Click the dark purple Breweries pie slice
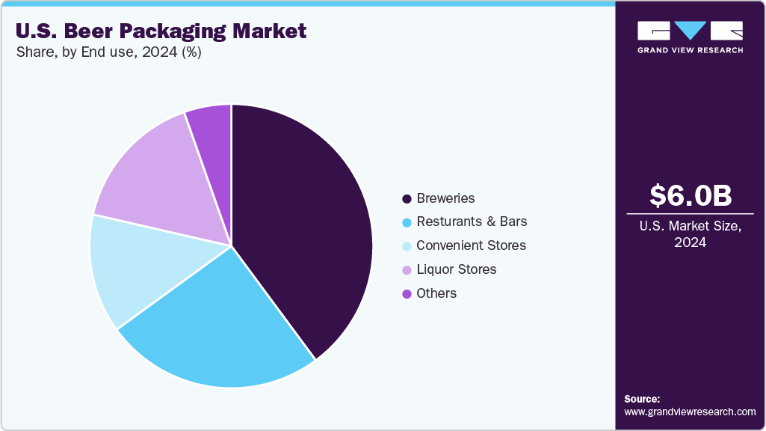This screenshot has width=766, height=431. coord(306,224)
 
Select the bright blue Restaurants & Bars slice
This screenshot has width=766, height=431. coord(217,329)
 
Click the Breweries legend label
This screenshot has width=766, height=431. coord(445,198)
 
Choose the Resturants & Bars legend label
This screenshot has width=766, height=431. coord(472,221)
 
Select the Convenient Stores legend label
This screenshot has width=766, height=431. coord(471,245)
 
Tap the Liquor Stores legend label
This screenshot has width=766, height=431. coord(456,269)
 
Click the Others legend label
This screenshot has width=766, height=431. coord(436,293)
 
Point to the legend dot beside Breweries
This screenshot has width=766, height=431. coord(407,199)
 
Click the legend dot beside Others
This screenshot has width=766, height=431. coord(407,294)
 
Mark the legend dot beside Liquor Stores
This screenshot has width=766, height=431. coord(407,270)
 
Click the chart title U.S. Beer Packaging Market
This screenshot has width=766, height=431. coord(161,31)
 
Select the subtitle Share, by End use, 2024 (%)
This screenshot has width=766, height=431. coord(108,53)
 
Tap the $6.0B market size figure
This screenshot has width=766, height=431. coord(690,195)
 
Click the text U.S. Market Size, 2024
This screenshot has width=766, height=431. coord(690,234)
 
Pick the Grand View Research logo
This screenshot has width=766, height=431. coord(690,37)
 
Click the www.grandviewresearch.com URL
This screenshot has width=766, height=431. coord(690,412)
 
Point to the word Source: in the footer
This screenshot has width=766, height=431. coord(642,399)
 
